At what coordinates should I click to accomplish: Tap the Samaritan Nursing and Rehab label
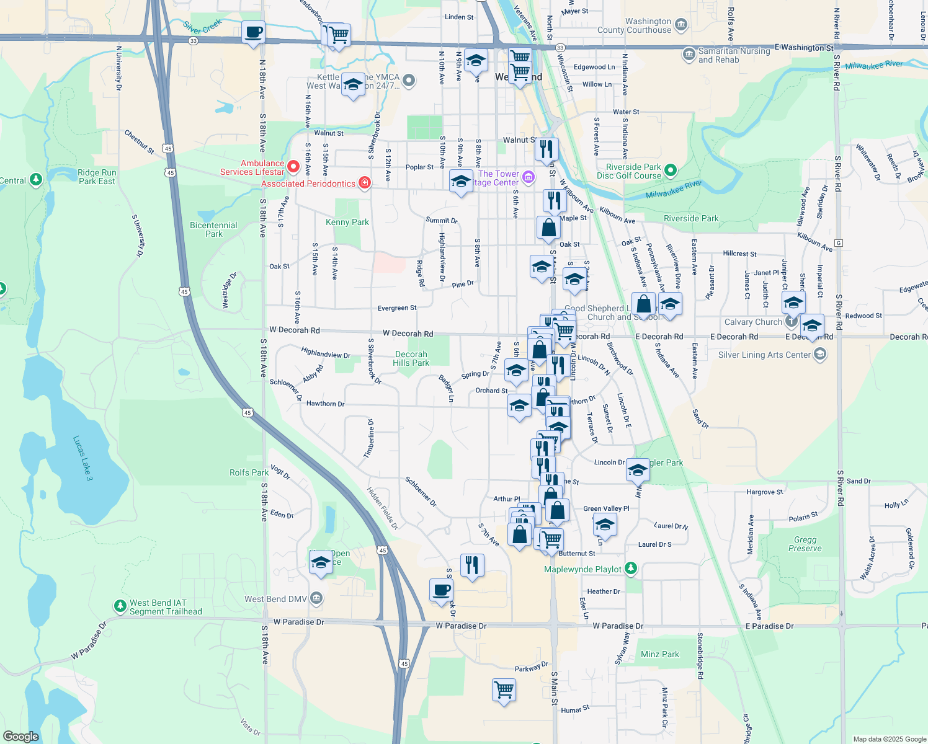[734, 55]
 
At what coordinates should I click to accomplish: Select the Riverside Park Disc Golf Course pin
[670, 169]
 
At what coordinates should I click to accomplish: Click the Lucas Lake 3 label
[83, 458]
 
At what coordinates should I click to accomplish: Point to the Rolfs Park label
[249, 472]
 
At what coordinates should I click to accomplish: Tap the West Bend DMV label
[275, 599]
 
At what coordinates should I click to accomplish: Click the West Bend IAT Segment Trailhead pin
[120, 605]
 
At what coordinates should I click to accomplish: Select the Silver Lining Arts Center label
[764, 355]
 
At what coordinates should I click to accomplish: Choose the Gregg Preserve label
[805, 544]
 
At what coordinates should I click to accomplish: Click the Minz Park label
[659, 654]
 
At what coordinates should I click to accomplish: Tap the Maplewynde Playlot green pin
[630, 567]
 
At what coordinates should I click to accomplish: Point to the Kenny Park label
[347, 222]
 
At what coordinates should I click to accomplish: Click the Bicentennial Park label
[213, 229]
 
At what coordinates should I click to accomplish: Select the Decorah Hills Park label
[411, 358]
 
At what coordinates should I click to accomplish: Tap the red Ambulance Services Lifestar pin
[293, 166]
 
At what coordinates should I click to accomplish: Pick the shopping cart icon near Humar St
[504, 689]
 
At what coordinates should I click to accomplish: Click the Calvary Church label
[753, 322]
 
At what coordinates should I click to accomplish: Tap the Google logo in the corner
[20, 737]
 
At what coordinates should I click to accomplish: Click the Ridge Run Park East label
[97, 177]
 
